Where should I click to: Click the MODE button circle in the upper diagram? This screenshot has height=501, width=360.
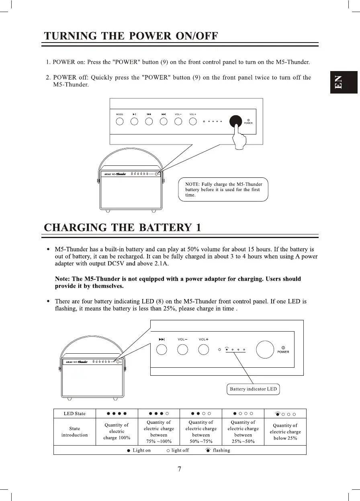[120, 121]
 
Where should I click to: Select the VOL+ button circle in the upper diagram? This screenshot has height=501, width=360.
[193, 121]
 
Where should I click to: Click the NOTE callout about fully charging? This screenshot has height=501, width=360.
[223, 189]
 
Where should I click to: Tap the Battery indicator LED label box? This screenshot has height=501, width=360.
[253, 389]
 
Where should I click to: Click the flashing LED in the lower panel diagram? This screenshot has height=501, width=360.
[227, 350]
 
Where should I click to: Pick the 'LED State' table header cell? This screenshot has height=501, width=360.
[75, 413]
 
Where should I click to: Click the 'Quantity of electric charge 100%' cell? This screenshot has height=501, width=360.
[117, 432]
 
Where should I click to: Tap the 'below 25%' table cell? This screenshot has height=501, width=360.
[285, 432]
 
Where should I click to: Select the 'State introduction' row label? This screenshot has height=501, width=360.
[75, 432]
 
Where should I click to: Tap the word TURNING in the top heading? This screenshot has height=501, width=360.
[70, 37]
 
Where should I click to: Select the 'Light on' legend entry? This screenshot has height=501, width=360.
[139, 450]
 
